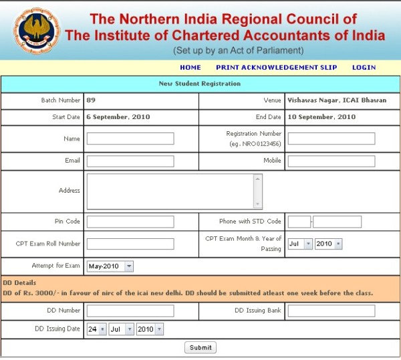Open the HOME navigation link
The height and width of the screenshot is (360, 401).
coord(190,68)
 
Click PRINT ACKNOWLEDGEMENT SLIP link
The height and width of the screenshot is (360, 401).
coord(276,68)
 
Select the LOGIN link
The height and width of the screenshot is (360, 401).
coord(364,68)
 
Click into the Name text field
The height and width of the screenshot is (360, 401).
coord(130,139)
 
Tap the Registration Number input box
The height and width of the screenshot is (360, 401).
coord(331,139)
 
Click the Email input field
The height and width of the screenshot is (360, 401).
coord(130,161)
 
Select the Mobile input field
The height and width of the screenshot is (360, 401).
coord(331,161)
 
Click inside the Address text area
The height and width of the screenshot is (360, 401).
coord(170,191)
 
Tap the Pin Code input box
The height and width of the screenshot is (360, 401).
coord(130,221)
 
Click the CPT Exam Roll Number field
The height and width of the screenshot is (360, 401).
coord(130,244)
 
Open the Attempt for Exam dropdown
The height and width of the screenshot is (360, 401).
coord(110,266)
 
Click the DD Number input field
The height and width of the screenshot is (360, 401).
coord(130,310)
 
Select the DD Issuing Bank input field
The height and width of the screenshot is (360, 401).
coord(331,310)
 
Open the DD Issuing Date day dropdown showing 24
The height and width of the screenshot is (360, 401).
coord(96,330)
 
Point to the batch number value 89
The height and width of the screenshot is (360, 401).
coord(91,100)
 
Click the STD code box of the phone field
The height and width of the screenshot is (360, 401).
coord(299,221)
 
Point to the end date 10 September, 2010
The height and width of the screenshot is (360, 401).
coord(321,117)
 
